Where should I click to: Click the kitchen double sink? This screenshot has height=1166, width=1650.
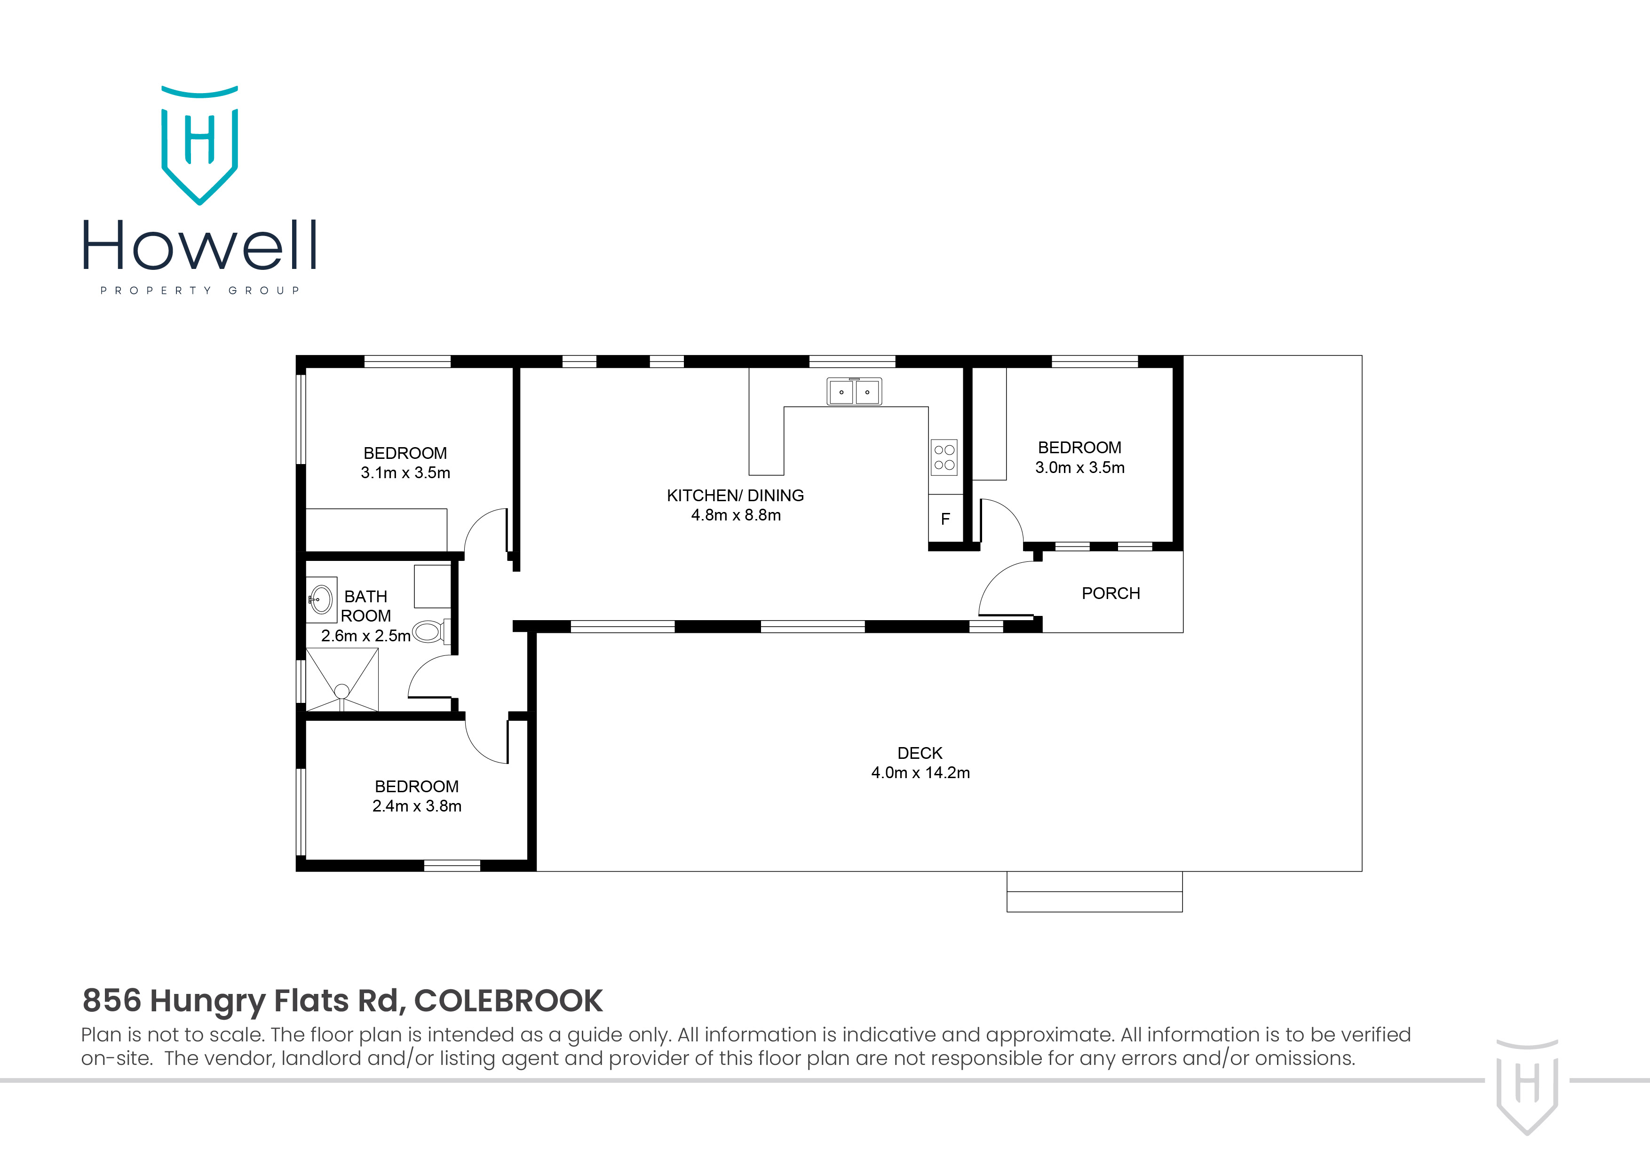(x=854, y=392)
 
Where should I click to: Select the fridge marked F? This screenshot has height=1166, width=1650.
(x=945, y=519)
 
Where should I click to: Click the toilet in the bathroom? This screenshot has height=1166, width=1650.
(x=429, y=631)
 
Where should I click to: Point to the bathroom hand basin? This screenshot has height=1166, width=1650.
(x=320, y=599)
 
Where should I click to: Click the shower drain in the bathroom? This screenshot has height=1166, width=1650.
(x=342, y=691)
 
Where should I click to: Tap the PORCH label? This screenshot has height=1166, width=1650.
(x=1111, y=593)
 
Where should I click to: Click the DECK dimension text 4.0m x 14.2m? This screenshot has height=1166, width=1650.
(x=920, y=773)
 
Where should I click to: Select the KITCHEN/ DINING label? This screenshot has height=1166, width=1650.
(x=735, y=496)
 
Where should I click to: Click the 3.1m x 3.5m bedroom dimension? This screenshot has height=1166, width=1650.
(x=405, y=473)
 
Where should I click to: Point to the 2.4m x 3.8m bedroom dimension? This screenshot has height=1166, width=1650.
(x=417, y=806)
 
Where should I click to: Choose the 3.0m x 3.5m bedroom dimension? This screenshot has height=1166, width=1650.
(x=1079, y=468)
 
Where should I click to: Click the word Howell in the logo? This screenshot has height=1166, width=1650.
(x=200, y=246)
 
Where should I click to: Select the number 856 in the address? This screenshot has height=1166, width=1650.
(x=111, y=1001)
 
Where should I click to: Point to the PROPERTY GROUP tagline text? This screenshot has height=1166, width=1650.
(x=200, y=291)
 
